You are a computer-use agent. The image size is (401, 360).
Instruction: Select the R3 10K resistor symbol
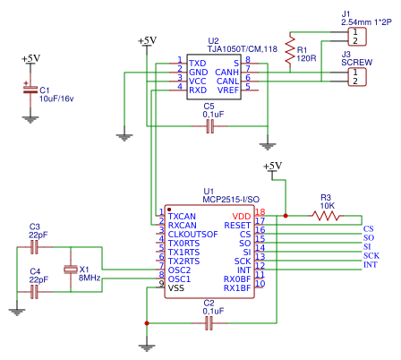click(x=326, y=216)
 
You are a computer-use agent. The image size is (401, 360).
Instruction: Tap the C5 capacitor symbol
click(x=210, y=126)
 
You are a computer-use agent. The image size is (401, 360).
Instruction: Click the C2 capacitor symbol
click(x=209, y=323)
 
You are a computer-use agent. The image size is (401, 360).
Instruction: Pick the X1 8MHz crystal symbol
click(x=71, y=270)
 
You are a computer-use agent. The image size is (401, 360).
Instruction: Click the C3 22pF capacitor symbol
click(x=35, y=247)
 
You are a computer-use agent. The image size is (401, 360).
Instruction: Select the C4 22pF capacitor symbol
click(x=35, y=292)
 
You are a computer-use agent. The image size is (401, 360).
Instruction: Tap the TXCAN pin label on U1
click(x=182, y=217)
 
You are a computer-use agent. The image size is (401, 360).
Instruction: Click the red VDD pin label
click(x=242, y=217)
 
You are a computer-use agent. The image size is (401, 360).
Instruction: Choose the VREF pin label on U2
click(x=228, y=90)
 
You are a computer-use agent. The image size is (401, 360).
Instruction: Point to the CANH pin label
click(x=226, y=73)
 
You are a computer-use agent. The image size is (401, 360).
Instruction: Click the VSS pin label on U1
click(x=176, y=288)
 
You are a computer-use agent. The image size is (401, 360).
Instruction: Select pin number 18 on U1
click(x=260, y=211)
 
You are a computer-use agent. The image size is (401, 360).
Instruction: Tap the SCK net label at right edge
click(x=371, y=255)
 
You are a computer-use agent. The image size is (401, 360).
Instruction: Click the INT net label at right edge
click(x=370, y=264)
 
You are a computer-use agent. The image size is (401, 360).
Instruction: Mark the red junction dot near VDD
click(x=286, y=216)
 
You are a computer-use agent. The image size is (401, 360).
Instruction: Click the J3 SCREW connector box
click(x=357, y=77)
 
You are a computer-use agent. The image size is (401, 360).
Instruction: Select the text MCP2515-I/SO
click(x=231, y=200)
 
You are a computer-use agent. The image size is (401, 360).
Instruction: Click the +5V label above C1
click(x=30, y=59)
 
